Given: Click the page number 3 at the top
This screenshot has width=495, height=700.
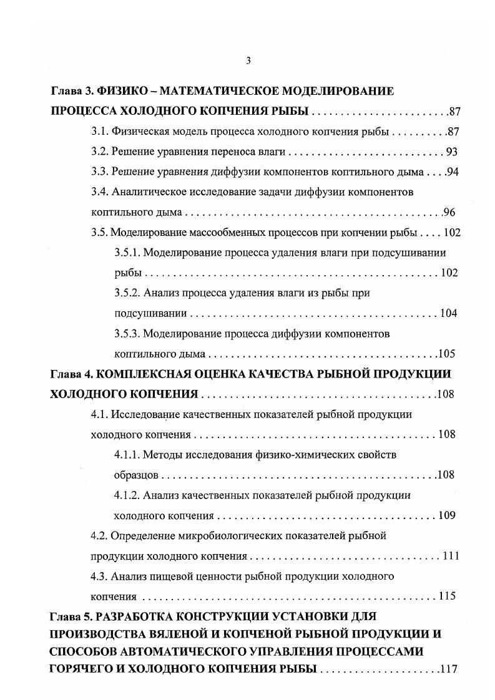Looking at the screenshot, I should (248, 61).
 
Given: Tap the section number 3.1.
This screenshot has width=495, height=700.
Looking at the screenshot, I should (100, 132).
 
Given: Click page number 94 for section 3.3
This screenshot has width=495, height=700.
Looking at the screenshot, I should (453, 172).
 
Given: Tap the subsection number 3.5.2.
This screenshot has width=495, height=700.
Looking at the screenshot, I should (128, 293).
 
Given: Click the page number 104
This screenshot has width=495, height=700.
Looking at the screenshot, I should (449, 313).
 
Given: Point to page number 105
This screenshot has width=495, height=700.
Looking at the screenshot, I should (447, 354).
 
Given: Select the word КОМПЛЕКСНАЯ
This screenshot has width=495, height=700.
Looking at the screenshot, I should (140, 374).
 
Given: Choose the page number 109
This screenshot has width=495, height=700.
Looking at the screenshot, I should (447, 516).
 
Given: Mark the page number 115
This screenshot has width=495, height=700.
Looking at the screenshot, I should (448, 596).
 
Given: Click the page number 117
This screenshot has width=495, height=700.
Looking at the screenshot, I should (449, 670).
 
